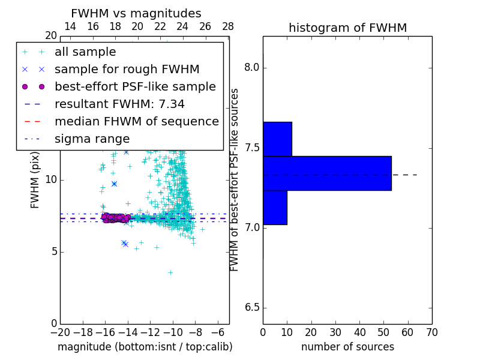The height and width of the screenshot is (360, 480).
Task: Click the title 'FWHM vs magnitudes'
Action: tap(136, 13)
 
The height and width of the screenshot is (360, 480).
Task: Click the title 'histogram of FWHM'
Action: tap(348, 28)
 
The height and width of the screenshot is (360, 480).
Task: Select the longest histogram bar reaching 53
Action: tap(327, 173)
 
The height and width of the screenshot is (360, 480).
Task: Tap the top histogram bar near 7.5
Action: tap(277, 139)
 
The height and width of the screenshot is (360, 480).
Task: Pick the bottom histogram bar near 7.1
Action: tap(275, 208)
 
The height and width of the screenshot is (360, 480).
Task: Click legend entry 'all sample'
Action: tap(85, 52)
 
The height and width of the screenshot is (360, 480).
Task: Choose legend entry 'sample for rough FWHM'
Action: tap(127, 69)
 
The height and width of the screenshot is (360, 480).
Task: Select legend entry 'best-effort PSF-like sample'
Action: tap(135, 86)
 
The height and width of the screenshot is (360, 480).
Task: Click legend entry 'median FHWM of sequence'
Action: tap(136, 121)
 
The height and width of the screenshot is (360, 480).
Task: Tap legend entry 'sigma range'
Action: tap(92, 139)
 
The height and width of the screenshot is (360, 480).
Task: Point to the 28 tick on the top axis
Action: tap(228, 26)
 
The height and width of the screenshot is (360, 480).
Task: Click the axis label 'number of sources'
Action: tap(347, 347)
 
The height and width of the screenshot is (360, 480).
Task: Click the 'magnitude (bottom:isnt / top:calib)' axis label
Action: tap(145, 347)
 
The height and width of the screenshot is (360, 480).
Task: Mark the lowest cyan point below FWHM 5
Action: tap(170, 272)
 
